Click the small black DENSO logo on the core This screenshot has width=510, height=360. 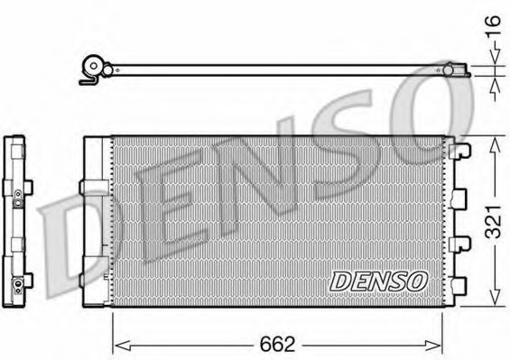377,281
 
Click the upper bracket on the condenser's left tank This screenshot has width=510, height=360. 93,186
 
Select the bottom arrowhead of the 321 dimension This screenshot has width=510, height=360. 493,302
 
